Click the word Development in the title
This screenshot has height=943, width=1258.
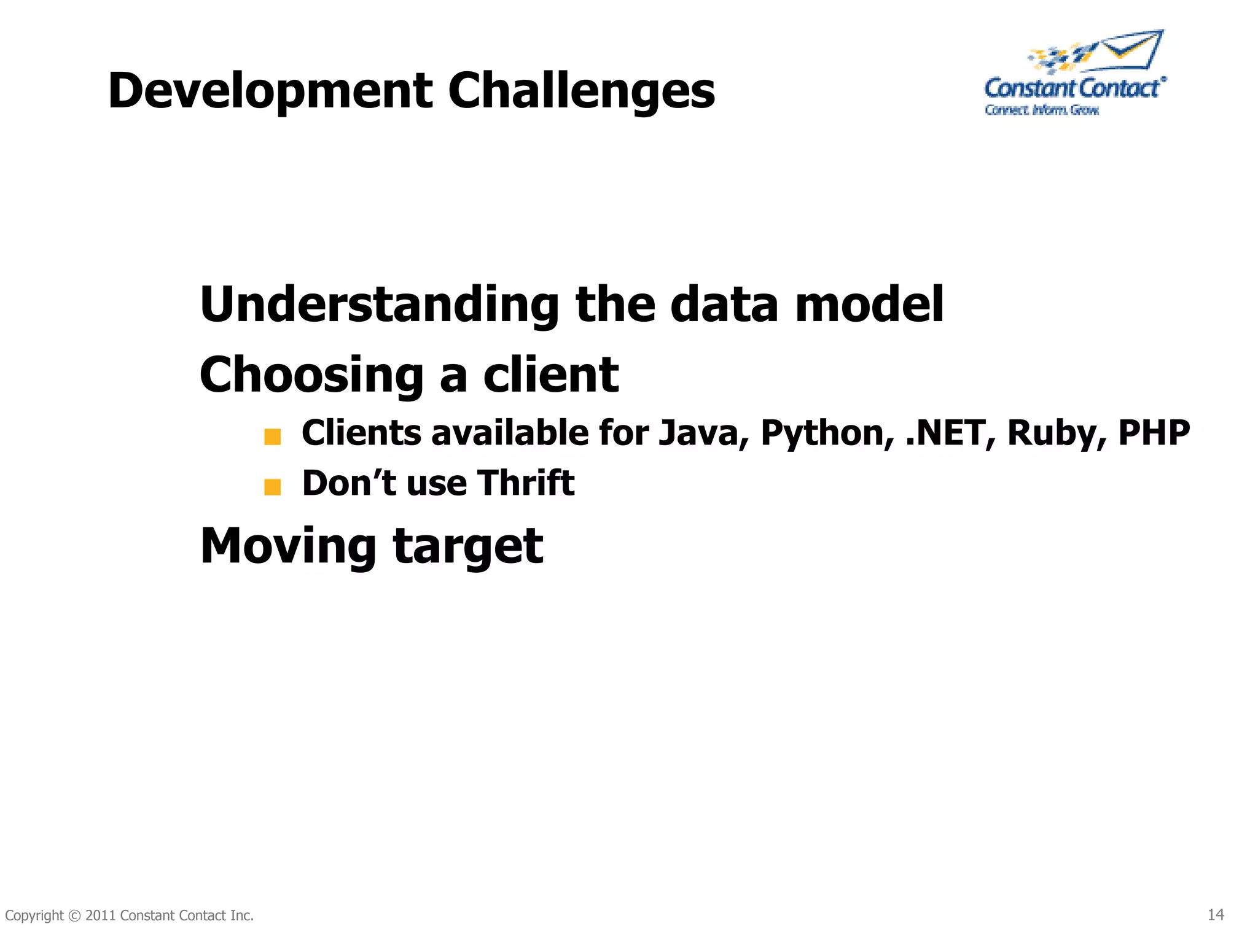pos(270,91)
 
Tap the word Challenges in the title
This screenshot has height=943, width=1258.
pos(581,91)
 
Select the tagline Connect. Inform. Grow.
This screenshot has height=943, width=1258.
pos(1042,110)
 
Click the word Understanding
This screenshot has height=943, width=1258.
pos(379,305)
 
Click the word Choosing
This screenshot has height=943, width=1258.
pos(311,376)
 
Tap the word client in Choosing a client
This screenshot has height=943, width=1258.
pos(551,374)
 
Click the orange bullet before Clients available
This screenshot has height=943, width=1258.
pos(272,437)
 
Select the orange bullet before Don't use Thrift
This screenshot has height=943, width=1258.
pos(272,487)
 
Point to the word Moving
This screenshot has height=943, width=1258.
pos(288,546)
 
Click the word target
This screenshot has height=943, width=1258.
pos(468,546)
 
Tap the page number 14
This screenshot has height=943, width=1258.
pos(1216,915)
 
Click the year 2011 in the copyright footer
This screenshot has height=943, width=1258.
pos(100,915)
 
